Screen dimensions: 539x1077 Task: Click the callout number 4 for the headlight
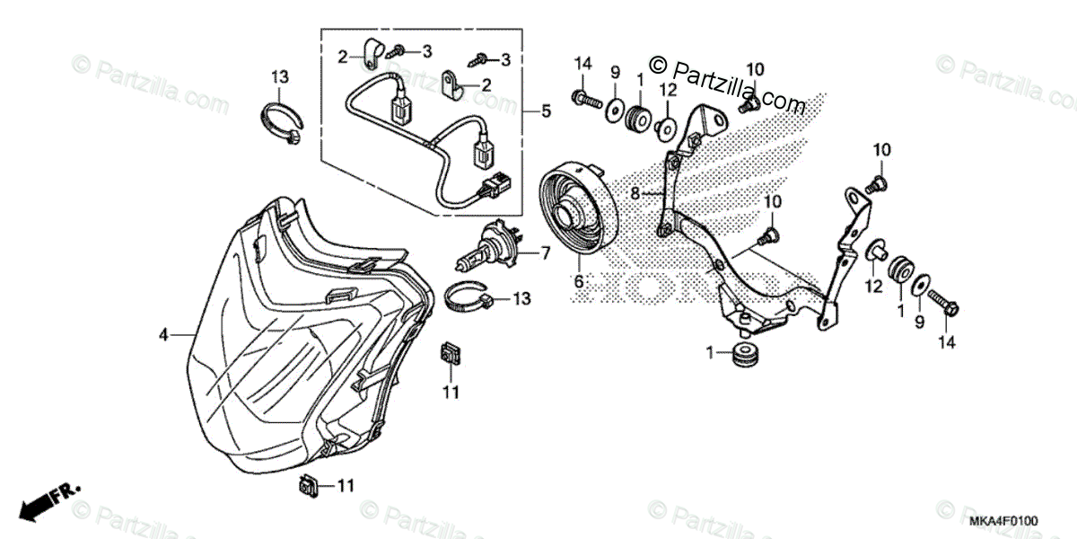point(164,335)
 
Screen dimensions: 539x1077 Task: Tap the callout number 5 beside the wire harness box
point(546,112)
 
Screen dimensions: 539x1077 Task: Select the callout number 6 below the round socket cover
point(579,281)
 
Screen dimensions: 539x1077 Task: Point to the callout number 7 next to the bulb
point(545,254)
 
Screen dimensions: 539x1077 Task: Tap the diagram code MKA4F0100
point(1003,521)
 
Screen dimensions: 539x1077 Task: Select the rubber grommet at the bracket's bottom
point(743,355)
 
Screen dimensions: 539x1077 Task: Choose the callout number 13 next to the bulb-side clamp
point(522,297)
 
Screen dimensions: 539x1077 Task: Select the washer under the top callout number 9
point(615,110)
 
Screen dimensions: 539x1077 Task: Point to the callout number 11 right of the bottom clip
point(346,486)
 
